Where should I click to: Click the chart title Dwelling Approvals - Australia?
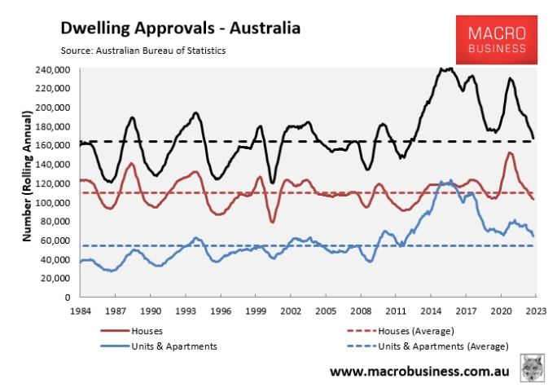(180, 29)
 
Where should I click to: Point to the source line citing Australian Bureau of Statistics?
(143, 51)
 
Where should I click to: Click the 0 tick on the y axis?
(68, 298)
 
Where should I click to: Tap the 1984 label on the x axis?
(81, 311)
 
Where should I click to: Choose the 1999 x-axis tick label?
(256, 311)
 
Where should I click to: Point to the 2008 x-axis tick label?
(360, 311)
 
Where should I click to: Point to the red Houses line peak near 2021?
(509, 152)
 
